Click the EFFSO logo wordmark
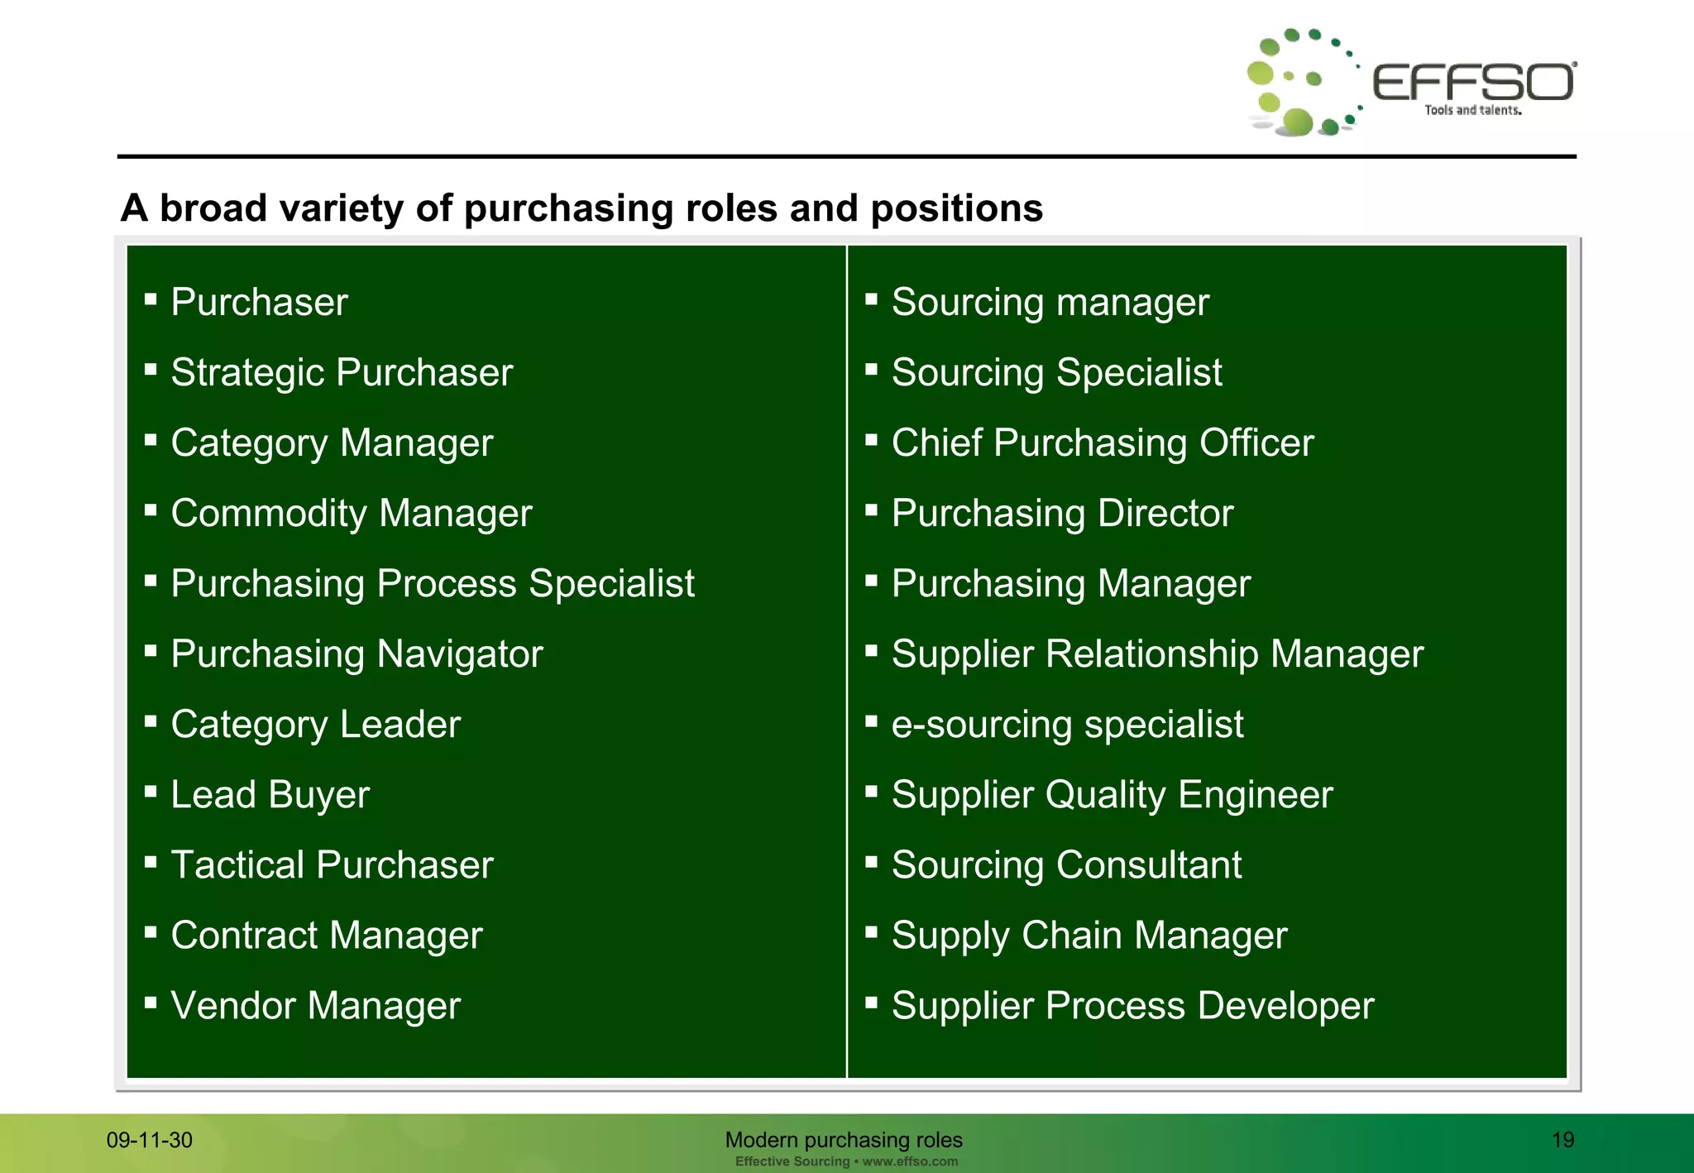click(1473, 82)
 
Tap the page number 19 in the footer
click(1562, 1140)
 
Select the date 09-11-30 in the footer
click(150, 1140)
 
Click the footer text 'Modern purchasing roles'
click(844, 1140)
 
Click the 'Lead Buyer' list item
click(270, 795)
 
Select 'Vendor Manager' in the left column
click(315, 1006)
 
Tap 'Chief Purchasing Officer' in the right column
click(1102, 443)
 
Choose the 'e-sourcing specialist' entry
click(1067, 725)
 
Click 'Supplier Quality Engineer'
click(1112, 795)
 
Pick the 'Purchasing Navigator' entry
click(357, 654)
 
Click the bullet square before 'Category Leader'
click(151, 721)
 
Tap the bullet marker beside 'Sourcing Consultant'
click(871, 862)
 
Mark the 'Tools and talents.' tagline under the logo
click(1472, 110)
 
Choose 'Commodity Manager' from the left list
click(352, 514)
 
